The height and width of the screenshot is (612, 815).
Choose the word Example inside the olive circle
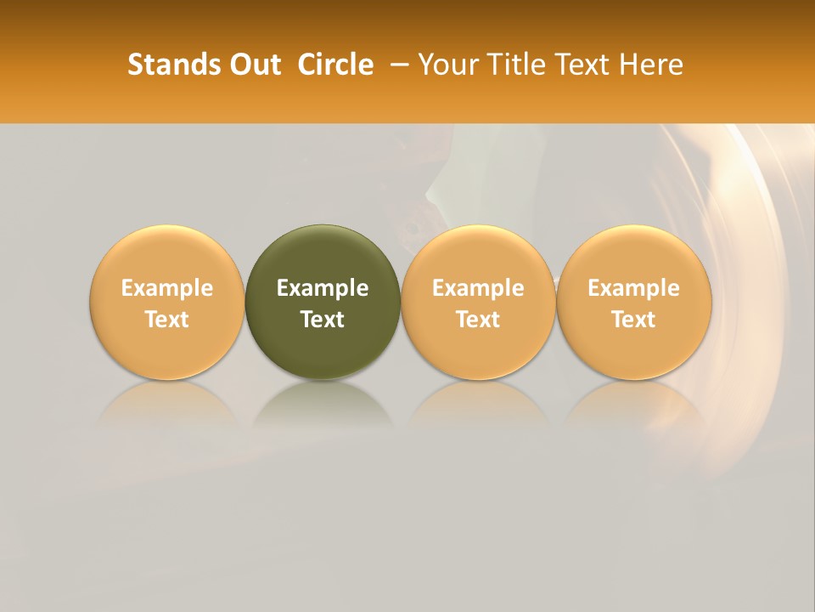[323, 288]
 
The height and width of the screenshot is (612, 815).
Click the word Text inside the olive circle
[323, 320]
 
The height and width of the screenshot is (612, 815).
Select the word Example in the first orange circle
[167, 288]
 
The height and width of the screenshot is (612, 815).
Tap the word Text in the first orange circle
[167, 320]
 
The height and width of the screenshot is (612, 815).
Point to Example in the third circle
[478, 288]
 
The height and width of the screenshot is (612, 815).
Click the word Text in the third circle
[478, 320]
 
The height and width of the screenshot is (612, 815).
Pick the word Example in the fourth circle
[634, 288]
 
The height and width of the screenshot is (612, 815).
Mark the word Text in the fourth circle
[634, 320]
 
